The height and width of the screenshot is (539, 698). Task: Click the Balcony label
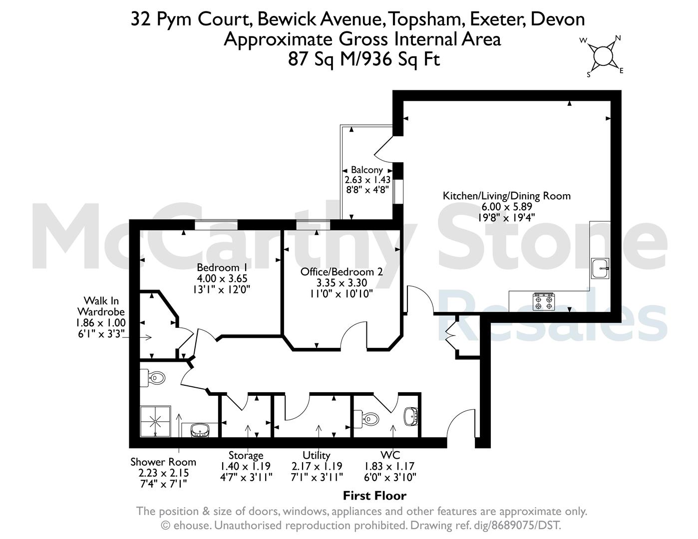tap(366, 170)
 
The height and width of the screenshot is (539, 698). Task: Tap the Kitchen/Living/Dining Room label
tap(507, 196)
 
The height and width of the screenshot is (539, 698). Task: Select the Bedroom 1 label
tap(218, 268)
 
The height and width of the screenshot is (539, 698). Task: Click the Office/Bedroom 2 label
tap(342, 272)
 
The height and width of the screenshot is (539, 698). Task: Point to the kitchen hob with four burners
tap(544, 302)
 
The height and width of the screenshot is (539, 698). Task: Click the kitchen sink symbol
tap(600, 269)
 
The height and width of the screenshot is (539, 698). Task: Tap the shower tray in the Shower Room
tap(155, 421)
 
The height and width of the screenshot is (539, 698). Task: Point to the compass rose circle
tap(603, 56)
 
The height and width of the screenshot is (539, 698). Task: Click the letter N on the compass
tap(618, 38)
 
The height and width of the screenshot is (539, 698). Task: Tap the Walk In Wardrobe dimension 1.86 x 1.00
tap(100, 322)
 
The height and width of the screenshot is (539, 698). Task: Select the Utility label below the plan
tap(317, 455)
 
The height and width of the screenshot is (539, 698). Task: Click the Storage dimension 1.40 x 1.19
tap(246, 466)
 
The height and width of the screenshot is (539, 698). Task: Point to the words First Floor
tap(374, 496)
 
